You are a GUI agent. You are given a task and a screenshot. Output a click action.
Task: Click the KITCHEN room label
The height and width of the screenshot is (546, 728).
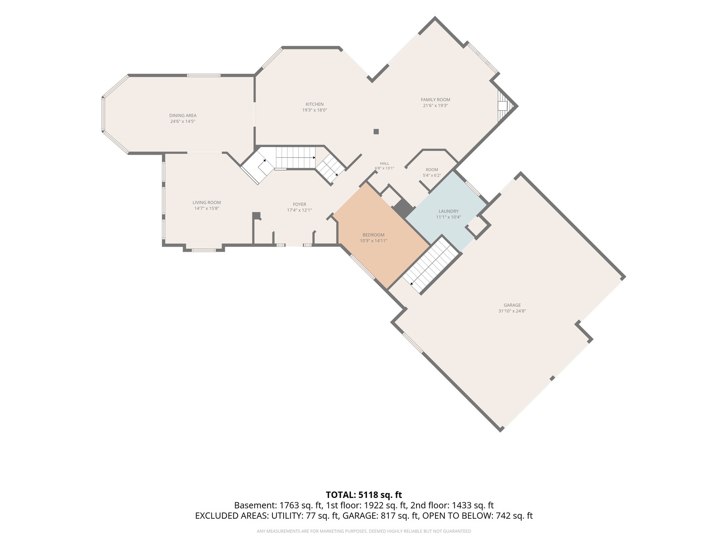(x=314, y=104)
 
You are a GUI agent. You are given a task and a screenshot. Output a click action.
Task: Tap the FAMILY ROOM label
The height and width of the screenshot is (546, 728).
(x=435, y=100)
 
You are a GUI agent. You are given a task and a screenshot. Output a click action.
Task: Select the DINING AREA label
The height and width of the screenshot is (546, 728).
(x=183, y=115)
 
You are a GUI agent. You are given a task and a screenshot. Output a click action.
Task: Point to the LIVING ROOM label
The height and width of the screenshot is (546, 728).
(x=207, y=202)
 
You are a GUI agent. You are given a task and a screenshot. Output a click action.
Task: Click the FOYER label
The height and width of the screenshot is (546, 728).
(x=299, y=204)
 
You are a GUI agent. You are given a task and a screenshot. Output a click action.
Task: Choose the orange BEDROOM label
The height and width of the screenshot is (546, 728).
(x=374, y=235)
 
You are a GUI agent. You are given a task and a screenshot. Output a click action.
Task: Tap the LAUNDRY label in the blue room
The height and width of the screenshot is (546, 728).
(x=448, y=211)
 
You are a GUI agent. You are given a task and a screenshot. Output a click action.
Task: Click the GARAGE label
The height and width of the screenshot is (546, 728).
(x=512, y=305)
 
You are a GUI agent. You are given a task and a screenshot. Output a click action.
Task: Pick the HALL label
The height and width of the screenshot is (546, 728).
(x=384, y=163)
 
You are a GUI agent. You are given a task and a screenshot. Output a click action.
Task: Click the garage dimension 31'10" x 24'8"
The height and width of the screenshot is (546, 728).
(x=512, y=311)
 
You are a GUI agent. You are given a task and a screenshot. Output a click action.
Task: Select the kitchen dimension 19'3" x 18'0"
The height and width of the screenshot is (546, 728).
(x=314, y=110)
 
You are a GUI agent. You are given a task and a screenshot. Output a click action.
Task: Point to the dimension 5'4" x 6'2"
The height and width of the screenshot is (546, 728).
(x=432, y=175)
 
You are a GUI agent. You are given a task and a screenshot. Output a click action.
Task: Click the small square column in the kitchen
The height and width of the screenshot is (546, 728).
(x=376, y=131)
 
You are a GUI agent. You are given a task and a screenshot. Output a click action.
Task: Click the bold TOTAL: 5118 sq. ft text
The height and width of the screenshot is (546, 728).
(x=363, y=495)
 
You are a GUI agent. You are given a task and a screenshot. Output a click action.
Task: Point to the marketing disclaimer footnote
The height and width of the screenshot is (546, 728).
(x=364, y=531)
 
